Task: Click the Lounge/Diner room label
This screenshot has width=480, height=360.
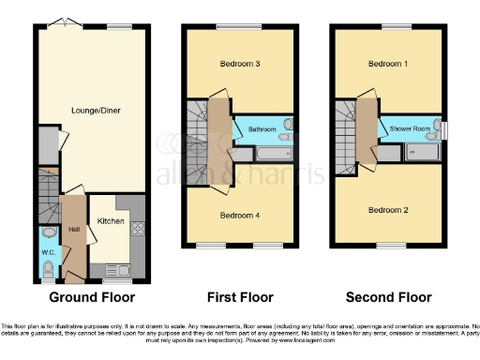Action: click(96, 111)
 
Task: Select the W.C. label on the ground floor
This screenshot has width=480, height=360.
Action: click(49, 251)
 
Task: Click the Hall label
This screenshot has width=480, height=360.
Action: click(73, 228)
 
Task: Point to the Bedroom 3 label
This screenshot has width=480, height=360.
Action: click(239, 65)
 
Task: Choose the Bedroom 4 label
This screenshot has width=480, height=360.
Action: click(239, 215)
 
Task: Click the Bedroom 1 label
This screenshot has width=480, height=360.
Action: click(387, 65)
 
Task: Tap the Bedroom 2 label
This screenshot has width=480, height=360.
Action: click(387, 209)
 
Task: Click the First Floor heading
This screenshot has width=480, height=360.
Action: click(240, 297)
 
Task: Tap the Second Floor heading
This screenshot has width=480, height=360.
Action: click(389, 297)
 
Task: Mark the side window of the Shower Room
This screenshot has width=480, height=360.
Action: click(445, 129)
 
